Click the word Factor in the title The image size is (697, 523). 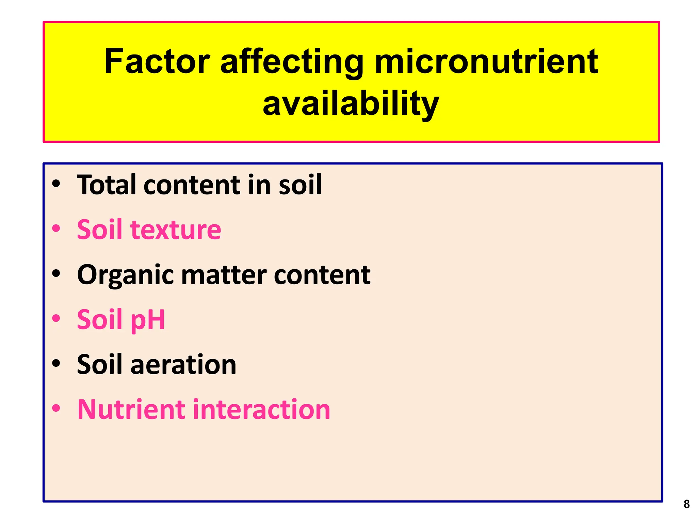pos(157,62)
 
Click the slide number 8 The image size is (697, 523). pos(686,504)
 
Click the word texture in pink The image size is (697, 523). pos(176,229)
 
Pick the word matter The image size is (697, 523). pos(224,275)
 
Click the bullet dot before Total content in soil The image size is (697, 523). pos(56,184)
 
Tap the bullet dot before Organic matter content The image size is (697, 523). pos(56,274)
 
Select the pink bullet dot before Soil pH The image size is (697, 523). pos(56,319)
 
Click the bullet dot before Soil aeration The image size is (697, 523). pos(56,363)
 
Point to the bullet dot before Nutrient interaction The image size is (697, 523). pos(56,408)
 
